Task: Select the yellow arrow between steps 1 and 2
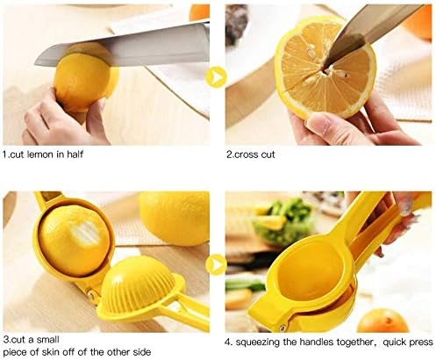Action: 217,75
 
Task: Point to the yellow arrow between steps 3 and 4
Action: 216,263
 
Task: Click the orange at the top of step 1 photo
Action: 200,11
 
